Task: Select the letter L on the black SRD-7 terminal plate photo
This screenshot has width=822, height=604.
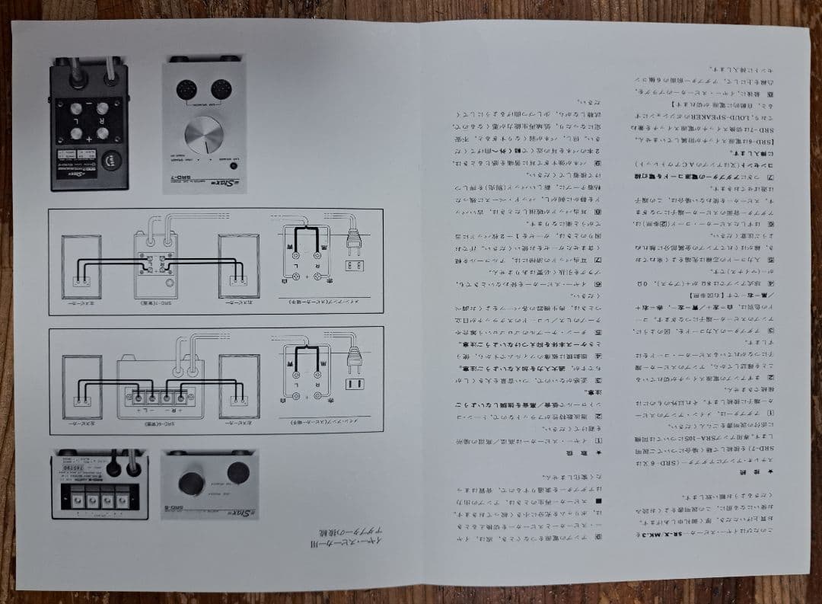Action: pyautogui.click(x=76, y=120)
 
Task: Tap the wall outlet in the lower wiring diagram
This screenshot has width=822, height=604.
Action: pyautogui.click(x=352, y=383)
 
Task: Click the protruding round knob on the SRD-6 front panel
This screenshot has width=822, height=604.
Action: pyautogui.click(x=190, y=482)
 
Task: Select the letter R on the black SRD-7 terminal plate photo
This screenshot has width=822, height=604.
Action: pyautogui.click(x=100, y=120)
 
